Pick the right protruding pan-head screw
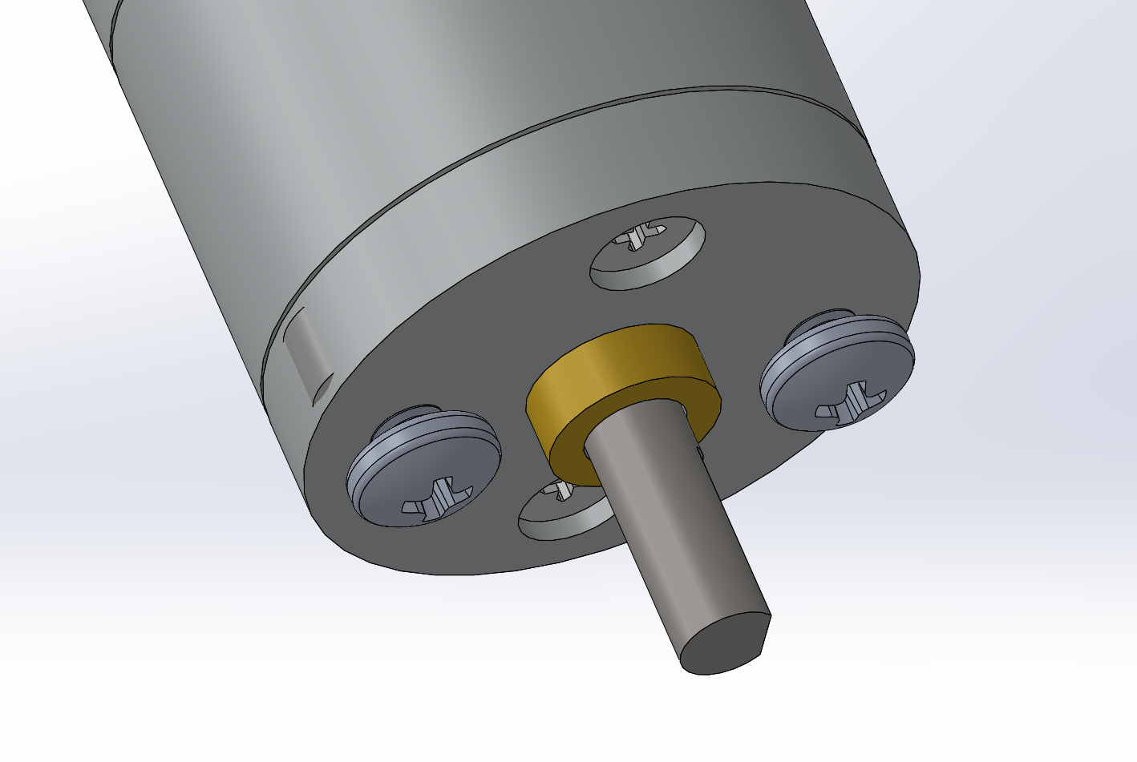pyautogui.click(x=838, y=373)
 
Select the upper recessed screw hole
pyautogui.click(x=648, y=252)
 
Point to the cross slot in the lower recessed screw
pyautogui.click(x=560, y=491)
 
